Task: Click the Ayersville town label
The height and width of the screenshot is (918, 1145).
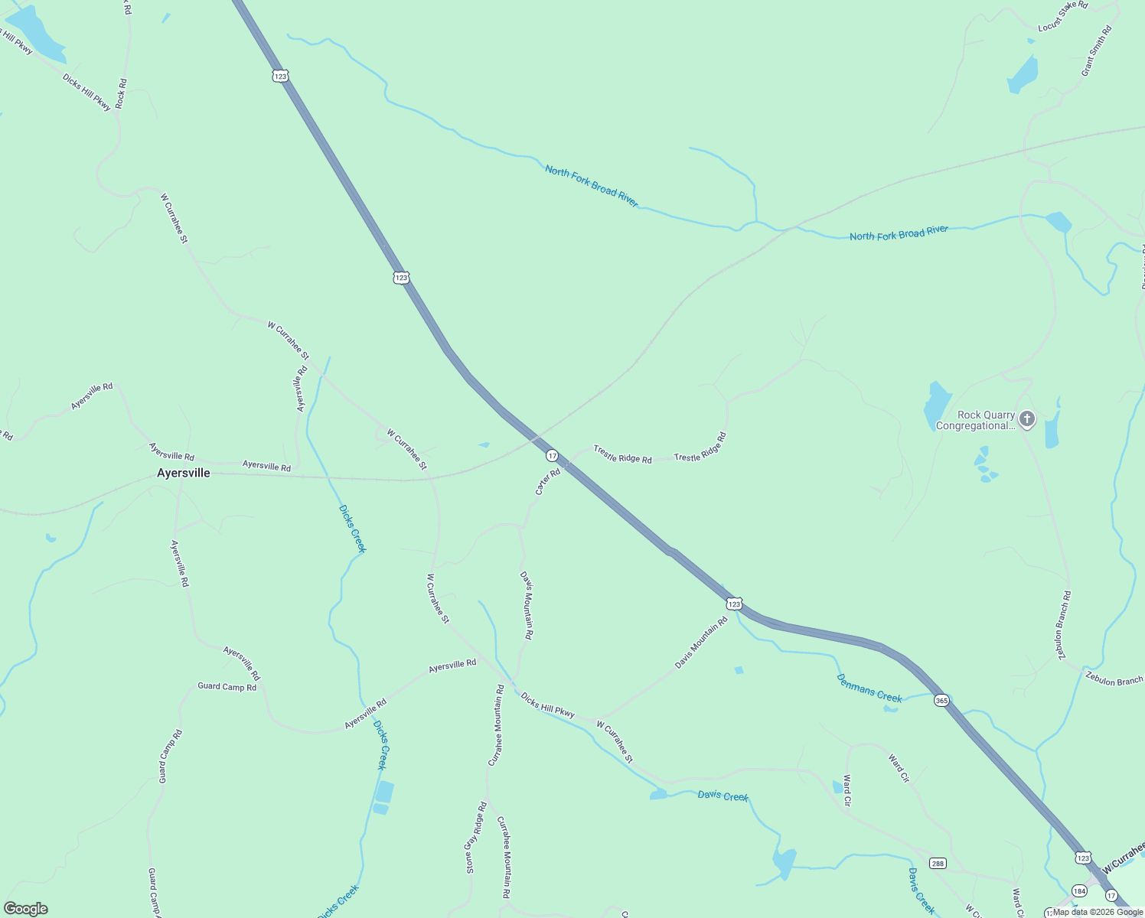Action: pyautogui.click(x=183, y=473)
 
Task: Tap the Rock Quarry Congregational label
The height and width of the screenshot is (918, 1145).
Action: pyautogui.click(x=975, y=421)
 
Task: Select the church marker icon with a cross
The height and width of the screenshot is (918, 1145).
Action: pyautogui.click(x=1027, y=418)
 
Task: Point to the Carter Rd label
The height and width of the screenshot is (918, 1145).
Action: pyautogui.click(x=548, y=482)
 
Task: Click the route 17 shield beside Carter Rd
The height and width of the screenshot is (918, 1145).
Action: pyautogui.click(x=552, y=455)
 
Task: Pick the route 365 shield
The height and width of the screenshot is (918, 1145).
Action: pyautogui.click(x=941, y=700)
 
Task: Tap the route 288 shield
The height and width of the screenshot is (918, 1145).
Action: pyautogui.click(x=938, y=863)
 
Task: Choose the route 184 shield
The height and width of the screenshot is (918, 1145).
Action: pyautogui.click(x=1079, y=890)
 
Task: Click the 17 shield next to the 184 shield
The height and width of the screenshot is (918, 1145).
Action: pyautogui.click(x=1111, y=895)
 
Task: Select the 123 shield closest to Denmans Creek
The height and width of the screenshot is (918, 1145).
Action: pyautogui.click(x=734, y=604)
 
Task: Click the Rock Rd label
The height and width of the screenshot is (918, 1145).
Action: pyautogui.click(x=121, y=93)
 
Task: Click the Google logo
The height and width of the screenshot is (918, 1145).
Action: pyautogui.click(x=26, y=909)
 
